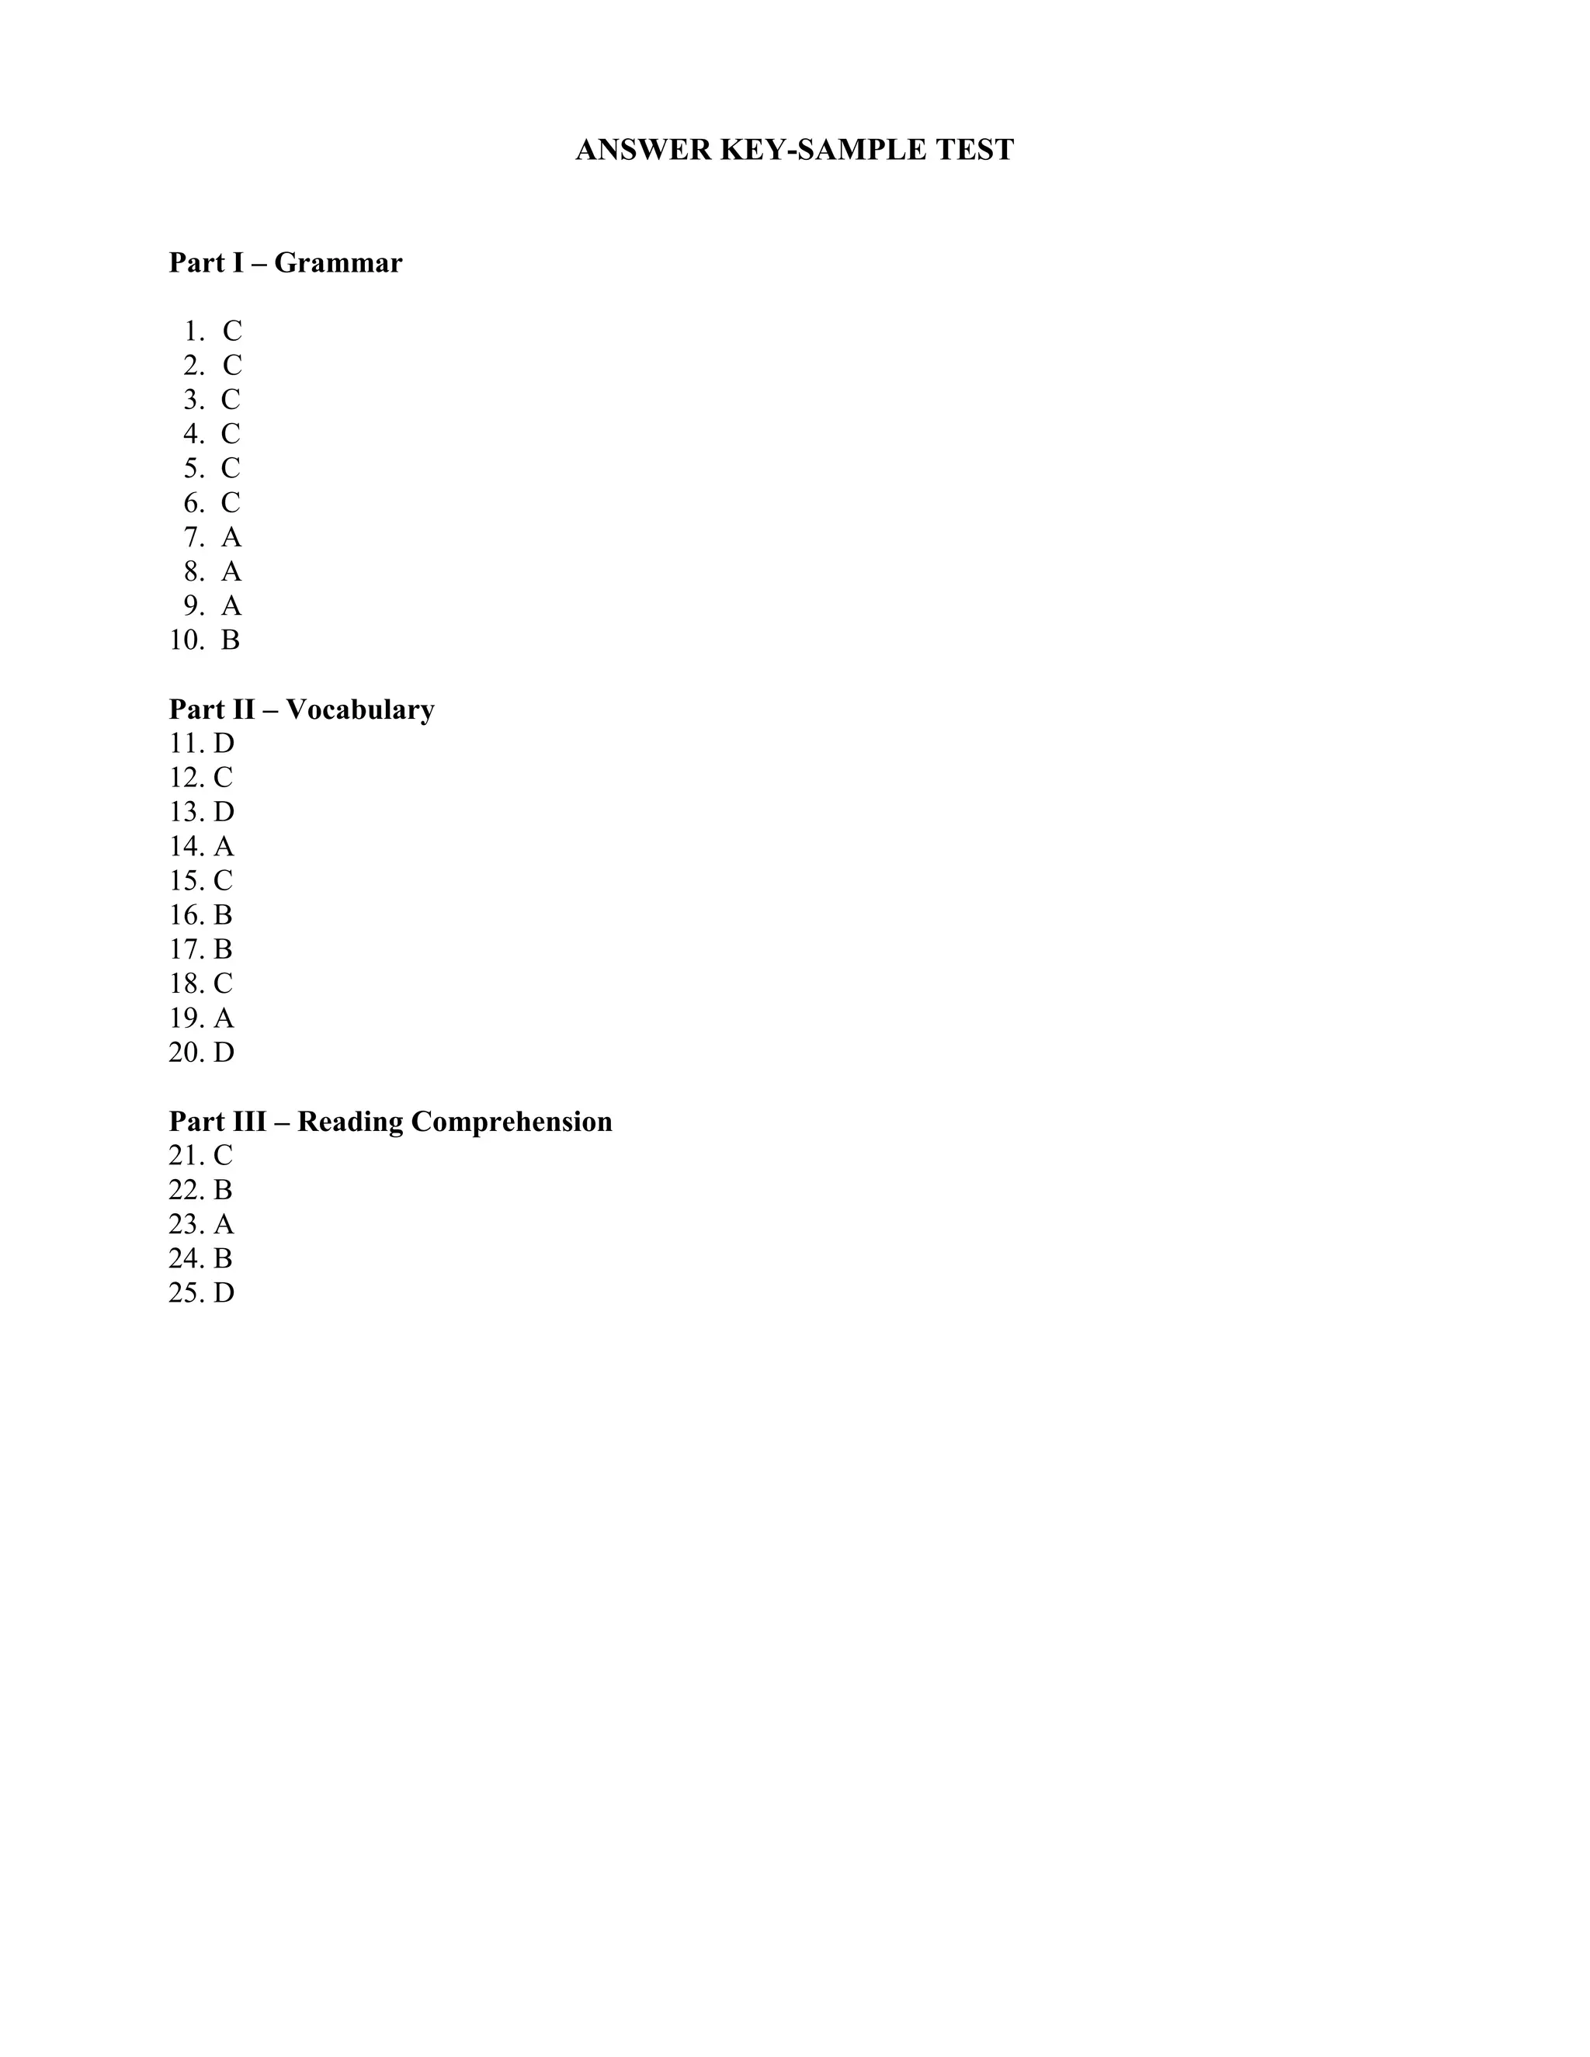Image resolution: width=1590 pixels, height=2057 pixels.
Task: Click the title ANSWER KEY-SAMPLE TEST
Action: [794, 151]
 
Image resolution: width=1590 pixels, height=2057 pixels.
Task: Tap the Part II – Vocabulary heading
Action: [301, 709]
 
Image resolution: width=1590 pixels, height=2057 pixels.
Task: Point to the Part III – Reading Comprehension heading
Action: [390, 1122]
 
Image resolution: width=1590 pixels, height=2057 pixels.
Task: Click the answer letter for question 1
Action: [231, 331]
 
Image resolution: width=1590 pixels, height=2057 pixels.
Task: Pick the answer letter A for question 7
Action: [231, 538]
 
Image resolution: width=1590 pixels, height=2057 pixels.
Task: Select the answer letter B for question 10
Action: [230, 640]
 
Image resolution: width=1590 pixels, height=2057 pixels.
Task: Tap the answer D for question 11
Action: [224, 744]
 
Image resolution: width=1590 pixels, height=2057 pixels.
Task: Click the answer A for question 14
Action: [224, 847]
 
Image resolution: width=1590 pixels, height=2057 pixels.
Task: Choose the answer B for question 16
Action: [222, 915]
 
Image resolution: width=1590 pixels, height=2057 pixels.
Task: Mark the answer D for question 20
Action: [224, 1053]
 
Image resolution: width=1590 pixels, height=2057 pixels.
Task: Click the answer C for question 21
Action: [222, 1156]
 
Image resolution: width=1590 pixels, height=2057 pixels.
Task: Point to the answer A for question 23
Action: [224, 1224]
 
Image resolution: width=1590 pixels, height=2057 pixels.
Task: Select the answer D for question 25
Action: [224, 1293]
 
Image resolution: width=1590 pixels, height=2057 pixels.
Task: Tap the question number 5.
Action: [193, 468]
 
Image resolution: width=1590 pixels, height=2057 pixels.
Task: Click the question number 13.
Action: [187, 812]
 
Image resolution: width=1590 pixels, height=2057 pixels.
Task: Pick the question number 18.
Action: [187, 984]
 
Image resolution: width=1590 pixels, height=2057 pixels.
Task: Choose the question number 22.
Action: [187, 1191]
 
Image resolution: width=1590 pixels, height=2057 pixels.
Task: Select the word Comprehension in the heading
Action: [512, 1122]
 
